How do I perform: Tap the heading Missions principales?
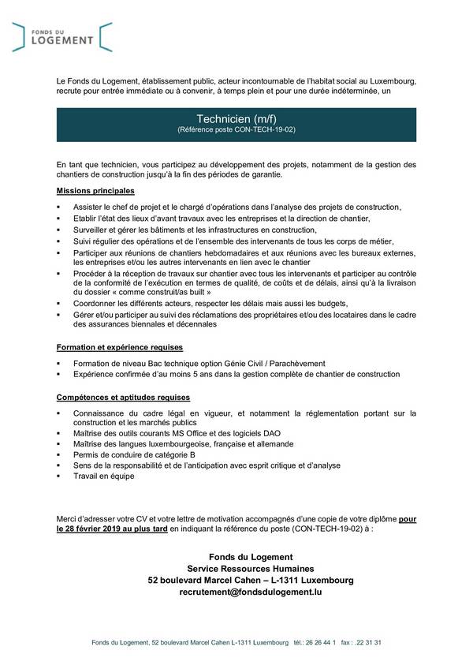(x=95, y=192)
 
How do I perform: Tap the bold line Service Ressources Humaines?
(x=251, y=568)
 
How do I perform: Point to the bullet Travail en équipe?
(x=103, y=476)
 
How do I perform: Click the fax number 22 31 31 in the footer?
(x=368, y=643)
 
